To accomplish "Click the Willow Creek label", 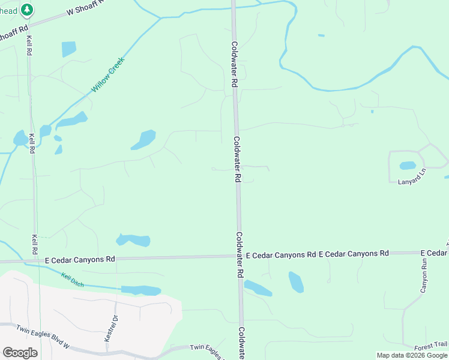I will click(107, 75).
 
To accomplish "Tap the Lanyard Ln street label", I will click(411, 179).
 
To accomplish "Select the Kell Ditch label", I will click(72, 278).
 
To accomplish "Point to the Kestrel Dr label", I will click(110, 328).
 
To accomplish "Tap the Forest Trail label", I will click(430, 345).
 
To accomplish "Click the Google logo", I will click(20, 353).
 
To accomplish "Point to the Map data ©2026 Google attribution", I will click(412, 355).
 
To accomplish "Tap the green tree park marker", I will click(26, 10).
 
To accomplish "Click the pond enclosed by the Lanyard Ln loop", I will click(408, 166).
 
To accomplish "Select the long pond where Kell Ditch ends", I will click(141, 290).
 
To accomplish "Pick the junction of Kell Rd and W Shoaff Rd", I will click(28, 25).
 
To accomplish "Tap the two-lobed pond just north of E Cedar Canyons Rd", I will click(133, 241).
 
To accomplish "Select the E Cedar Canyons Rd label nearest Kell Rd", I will click(80, 260).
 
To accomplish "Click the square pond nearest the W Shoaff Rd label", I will click(69, 49).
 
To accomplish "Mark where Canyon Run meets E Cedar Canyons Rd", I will click(424, 253).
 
